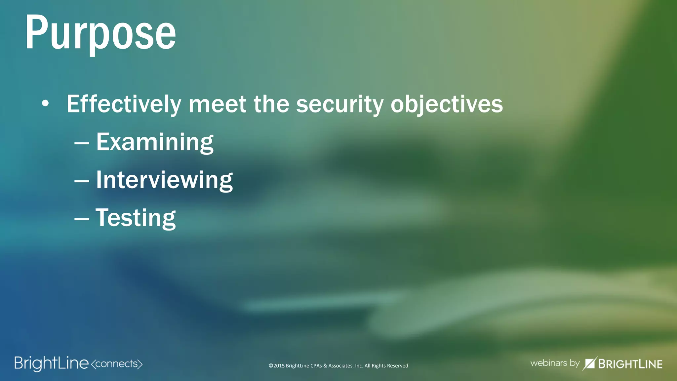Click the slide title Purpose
coord(100,33)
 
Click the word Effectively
coord(124,104)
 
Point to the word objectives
coord(447,104)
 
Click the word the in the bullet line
coord(271,104)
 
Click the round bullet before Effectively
coord(45,104)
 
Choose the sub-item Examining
coord(155,142)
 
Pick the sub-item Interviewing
coord(164,180)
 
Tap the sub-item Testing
coord(136,218)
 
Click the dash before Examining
coord(82,144)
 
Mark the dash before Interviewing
coord(82,181)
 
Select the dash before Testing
coord(82,219)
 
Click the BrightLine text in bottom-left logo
coord(51,363)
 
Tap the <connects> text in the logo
coord(116,364)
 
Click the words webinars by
coord(555,363)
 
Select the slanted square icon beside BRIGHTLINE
coord(589,363)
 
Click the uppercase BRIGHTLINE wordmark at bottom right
coord(630,364)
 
